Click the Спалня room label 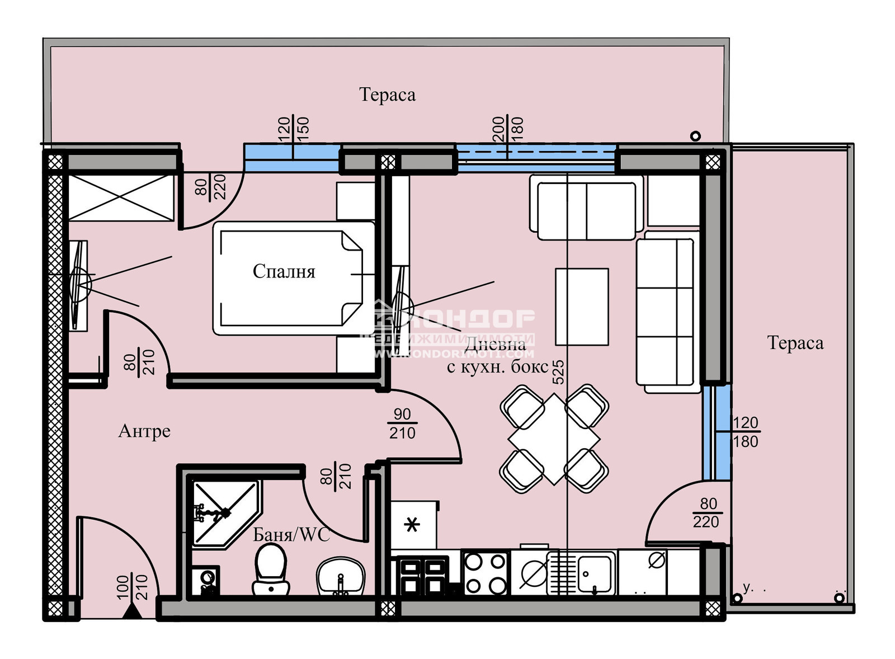point(284,272)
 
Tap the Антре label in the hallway point(144,431)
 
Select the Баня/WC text point(291,535)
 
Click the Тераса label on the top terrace point(387,95)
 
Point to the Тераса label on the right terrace point(795,343)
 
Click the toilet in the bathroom point(271,569)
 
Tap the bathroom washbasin point(341,576)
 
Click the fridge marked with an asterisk point(413,525)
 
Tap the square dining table point(554,439)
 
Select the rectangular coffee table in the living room point(582,307)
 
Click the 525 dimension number point(558,372)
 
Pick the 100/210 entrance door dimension point(133,587)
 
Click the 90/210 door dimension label point(403,423)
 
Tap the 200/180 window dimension point(507,129)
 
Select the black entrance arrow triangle point(132,611)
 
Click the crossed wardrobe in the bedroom point(121,197)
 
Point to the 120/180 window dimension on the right point(745,432)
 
